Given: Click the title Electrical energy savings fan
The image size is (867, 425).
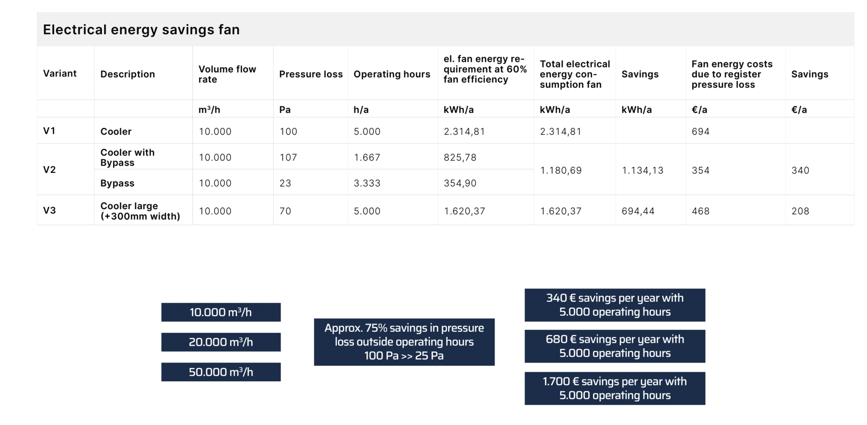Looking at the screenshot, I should pos(141,29).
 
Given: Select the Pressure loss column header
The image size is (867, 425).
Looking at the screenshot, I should pos(311,74).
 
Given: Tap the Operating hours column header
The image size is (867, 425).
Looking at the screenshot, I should pos(392,74).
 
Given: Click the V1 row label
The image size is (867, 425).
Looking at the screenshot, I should pos(49,131).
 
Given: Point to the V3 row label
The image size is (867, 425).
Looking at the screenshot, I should pos(49,211).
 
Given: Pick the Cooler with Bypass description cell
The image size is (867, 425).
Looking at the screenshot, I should pos(127,157).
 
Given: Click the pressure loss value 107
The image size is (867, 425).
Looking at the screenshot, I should pos(288,157).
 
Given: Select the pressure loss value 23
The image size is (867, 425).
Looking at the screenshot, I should pos(285,183).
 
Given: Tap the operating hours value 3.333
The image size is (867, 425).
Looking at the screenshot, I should pos(367,183).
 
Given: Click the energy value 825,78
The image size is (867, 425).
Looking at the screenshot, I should pos(460,157).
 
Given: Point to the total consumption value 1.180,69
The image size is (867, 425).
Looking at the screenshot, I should pos(561,170).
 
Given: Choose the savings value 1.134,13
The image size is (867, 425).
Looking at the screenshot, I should pos(642,170).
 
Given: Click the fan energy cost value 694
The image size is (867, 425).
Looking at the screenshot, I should pos(701,131).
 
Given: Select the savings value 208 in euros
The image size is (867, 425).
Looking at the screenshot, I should pos(800,211).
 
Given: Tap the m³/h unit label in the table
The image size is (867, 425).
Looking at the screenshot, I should pos(209,110).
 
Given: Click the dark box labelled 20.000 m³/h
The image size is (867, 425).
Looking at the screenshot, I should pos(221,342).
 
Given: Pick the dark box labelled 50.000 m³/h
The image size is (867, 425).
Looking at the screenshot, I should pos(221,372).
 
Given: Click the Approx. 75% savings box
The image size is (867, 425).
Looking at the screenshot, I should pos(404,342).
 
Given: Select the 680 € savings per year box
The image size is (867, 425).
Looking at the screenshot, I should pos(615,346).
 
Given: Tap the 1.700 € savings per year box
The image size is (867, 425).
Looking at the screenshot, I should pos(615,388).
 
